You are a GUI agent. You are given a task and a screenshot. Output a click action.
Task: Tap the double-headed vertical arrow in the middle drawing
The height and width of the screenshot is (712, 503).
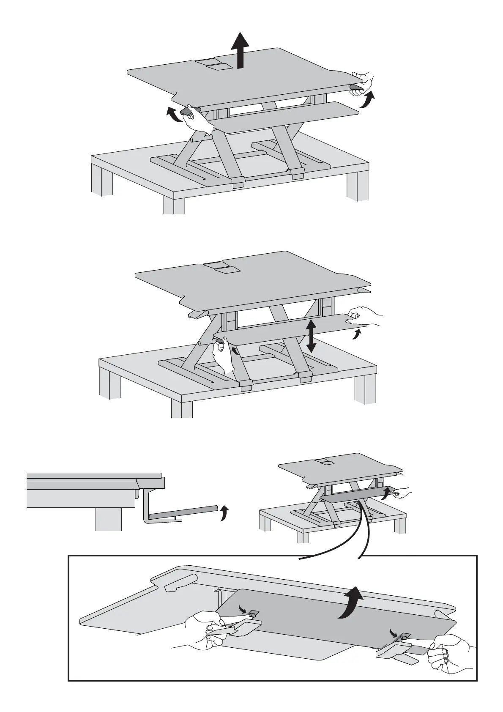[312, 336]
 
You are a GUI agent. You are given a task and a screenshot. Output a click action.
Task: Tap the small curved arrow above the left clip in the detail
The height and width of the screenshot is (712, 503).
[244, 608]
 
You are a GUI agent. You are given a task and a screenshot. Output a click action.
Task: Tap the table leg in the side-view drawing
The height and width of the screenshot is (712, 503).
[108, 519]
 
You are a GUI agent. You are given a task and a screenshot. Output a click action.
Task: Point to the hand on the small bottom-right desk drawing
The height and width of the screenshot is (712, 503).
[401, 492]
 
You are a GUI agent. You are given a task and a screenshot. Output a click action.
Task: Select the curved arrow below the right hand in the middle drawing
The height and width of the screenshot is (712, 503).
[357, 335]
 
